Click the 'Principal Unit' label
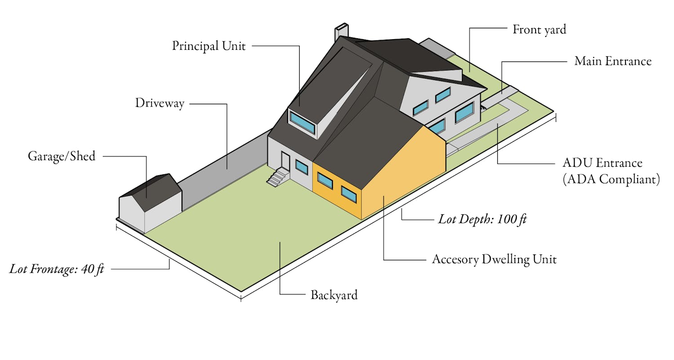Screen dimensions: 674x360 209,46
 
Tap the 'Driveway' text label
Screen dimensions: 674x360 160,103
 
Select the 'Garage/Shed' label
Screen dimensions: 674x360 62,156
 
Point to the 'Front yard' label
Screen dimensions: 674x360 539,30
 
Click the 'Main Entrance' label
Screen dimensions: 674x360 613,61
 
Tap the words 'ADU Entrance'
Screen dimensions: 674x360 603,163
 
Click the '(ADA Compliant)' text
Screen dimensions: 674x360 611,179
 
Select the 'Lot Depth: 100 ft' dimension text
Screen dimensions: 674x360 482,219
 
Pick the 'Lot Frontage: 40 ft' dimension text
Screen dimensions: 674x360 57,269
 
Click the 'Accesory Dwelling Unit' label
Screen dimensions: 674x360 494,259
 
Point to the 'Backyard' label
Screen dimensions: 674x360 334,295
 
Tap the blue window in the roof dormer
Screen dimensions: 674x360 302,122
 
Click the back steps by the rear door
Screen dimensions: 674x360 278,177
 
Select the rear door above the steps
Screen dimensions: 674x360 285,161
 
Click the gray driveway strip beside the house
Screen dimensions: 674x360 224,169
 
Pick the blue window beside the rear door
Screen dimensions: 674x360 302,167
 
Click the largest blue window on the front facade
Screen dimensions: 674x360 465,112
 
